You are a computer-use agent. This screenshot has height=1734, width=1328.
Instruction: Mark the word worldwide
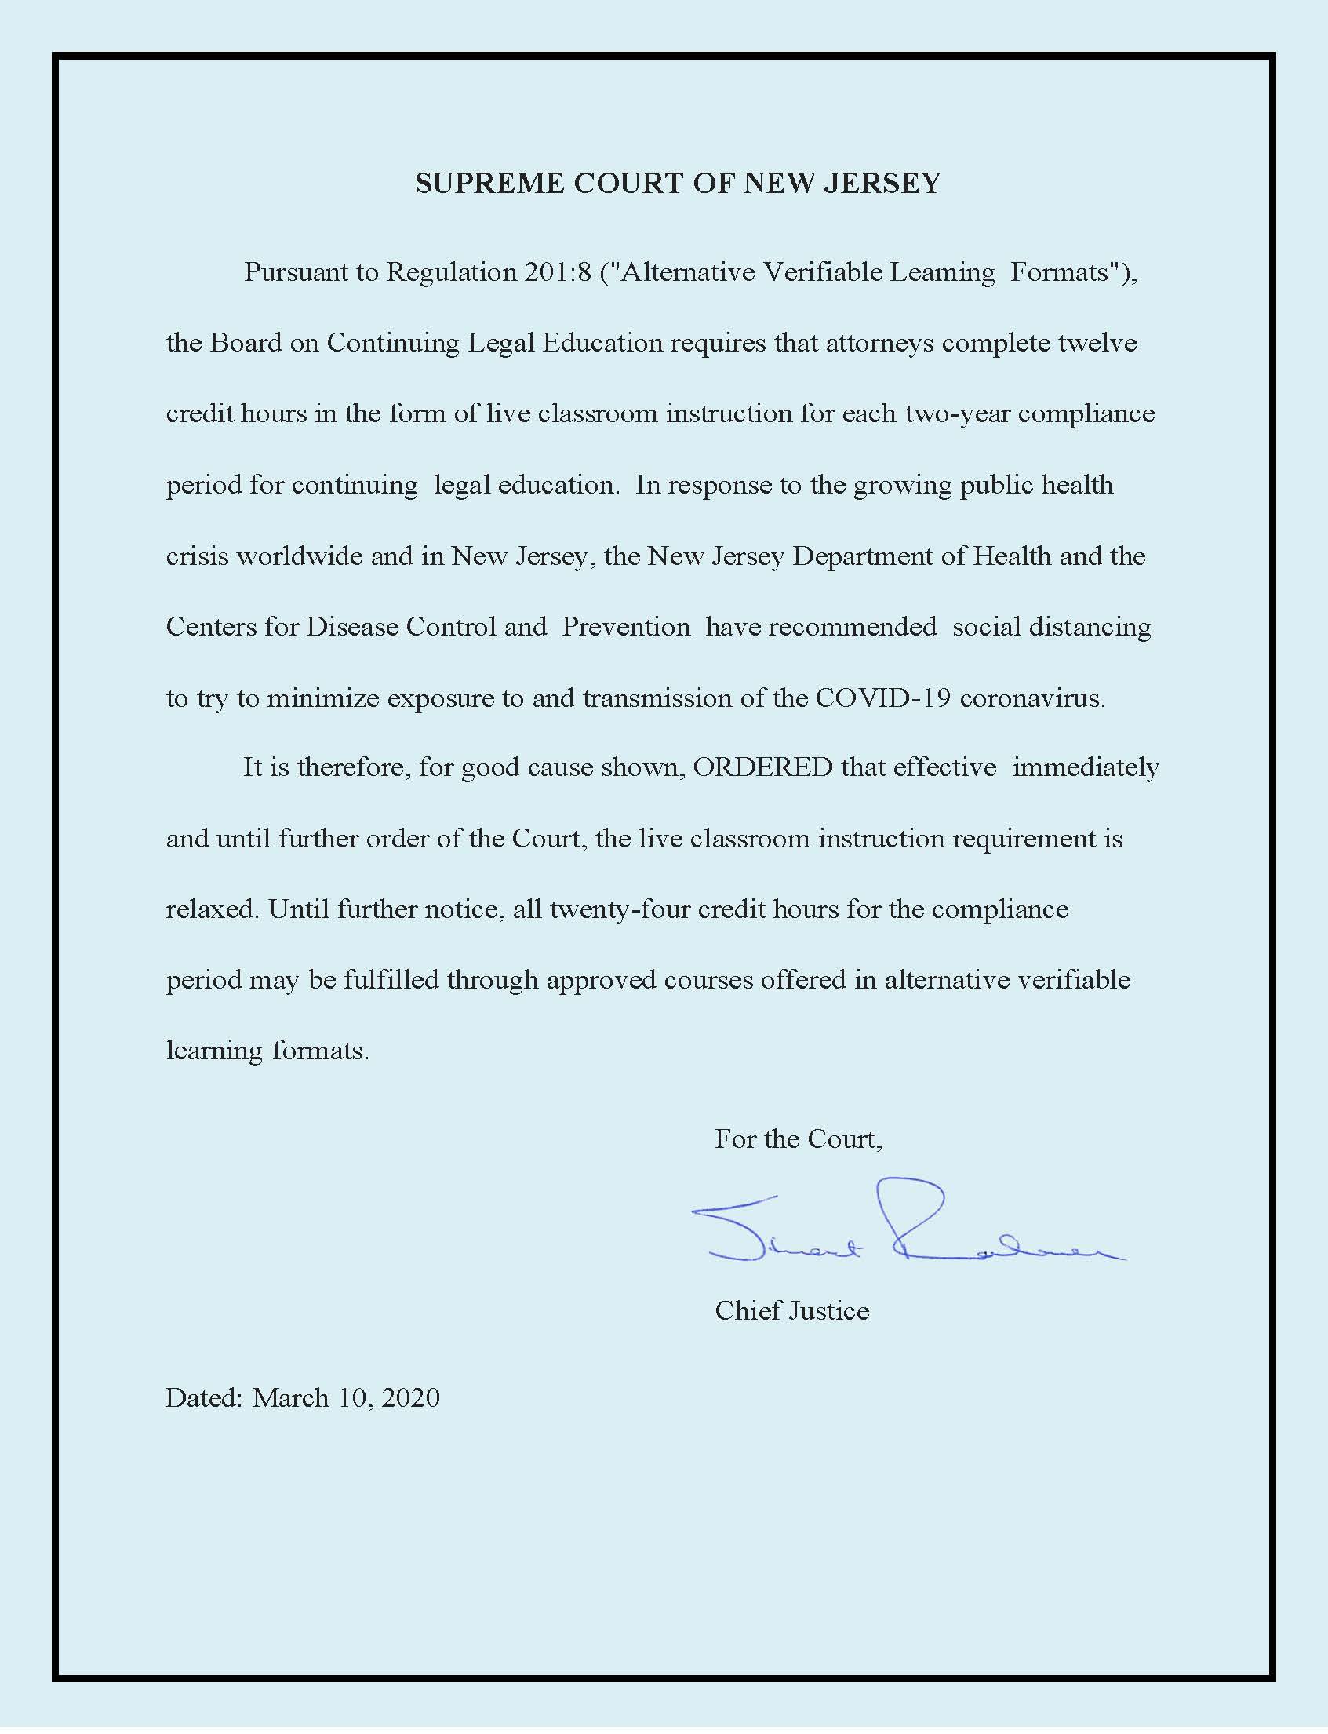pyautogui.click(x=300, y=556)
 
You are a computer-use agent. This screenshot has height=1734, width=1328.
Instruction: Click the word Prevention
pyautogui.click(x=626, y=627)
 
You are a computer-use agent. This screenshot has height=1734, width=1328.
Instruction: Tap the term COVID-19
pyautogui.click(x=883, y=698)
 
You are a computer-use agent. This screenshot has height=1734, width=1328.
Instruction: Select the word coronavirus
pyautogui.click(x=1032, y=698)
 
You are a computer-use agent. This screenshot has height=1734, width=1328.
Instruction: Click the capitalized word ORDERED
pyautogui.click(x=762, y=768)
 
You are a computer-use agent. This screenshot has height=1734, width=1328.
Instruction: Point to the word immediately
pyautogui.click(x=1086, y=768)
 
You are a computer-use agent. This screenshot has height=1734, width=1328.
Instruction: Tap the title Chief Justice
pyautogui.click(x=792, y=1311)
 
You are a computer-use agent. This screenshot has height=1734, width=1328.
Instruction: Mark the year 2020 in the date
pyautogui.click(x=410, y=1398)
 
